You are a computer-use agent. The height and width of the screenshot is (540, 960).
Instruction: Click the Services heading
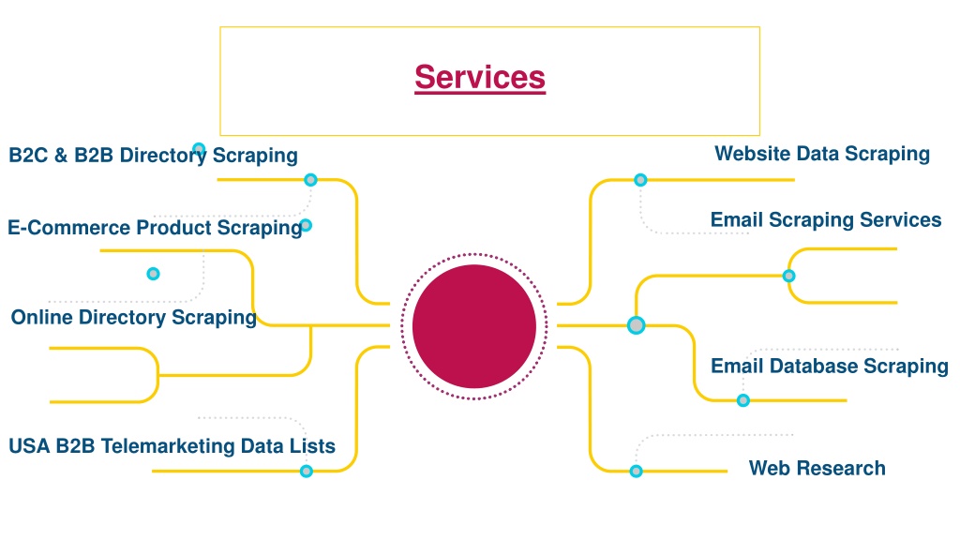coord(480,78)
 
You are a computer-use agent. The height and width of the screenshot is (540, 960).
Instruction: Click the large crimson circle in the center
coord(474,326)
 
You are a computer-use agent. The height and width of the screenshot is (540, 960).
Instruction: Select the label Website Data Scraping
coord(822,155)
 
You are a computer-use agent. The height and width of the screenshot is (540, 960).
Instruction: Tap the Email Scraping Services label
coord(826,219)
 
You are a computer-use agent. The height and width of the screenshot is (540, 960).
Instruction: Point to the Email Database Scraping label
coord(830,367)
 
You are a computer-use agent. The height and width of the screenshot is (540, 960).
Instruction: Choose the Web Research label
coord(817,469)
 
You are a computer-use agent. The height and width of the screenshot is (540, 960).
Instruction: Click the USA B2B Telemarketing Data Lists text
coord(172,446)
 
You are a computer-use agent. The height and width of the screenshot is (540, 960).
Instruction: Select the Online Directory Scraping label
coord(133,318)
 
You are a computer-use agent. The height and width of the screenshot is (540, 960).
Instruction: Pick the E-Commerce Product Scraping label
coord(155,228)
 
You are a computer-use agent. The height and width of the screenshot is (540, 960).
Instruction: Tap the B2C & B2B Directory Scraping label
coord(153,156)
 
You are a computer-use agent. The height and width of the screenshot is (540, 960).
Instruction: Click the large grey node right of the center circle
coord(637,325)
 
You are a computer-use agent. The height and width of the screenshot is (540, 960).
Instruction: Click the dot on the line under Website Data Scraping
coord(640,180)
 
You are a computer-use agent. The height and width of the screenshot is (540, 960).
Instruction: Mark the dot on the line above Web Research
coord(637,471)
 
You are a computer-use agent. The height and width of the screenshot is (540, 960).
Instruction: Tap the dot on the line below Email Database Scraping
coord(743,400)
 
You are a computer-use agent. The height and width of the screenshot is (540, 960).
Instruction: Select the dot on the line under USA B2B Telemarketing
coord(307,471)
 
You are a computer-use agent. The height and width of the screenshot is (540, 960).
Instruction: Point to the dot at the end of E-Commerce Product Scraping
coord(307,225)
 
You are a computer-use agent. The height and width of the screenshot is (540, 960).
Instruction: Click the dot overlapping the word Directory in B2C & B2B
coord(199,149)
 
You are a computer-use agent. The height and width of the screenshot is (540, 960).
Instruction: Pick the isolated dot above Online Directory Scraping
coord(153,274)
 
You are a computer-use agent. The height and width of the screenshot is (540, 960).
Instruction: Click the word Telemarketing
coord(168,446)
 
